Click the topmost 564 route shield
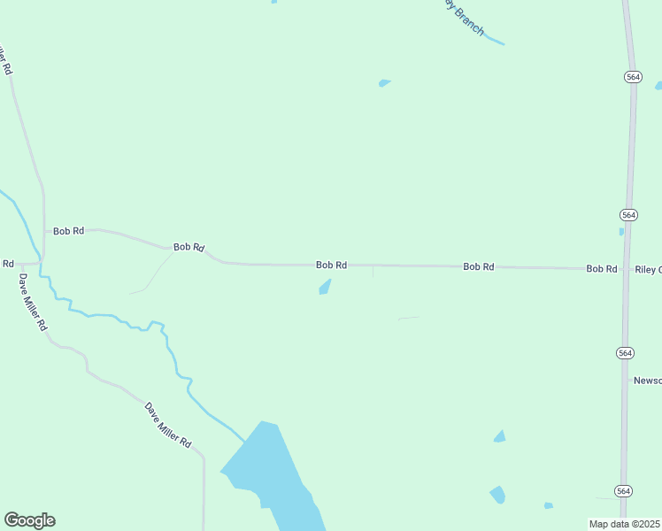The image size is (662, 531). tap(632, 77)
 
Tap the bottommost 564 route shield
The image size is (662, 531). tap(623, 491)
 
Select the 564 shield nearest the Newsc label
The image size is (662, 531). tap(625, 352)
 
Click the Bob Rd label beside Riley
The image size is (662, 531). tap(601, 268)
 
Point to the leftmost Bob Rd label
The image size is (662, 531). tap(68, 231)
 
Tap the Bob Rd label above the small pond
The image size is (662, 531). tap(331, 265)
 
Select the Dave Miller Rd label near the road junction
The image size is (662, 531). tap(32, 301)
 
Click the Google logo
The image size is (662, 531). tap(29, 520)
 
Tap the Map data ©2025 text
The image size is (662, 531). tap(624, 524)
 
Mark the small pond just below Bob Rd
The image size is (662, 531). tap(325, 287)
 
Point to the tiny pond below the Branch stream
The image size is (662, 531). tap(384, 83)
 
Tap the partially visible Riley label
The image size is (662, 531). tap(648, 269)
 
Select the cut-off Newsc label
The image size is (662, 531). tap(647, 381)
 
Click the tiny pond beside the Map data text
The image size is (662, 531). tap(549, 505)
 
